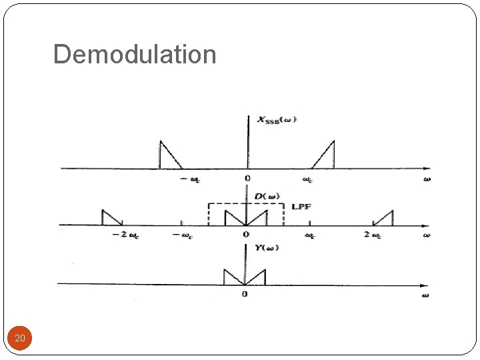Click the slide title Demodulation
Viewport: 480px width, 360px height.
(135, 54)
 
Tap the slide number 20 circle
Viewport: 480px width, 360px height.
(20, 339)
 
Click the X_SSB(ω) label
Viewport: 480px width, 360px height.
(277, 120)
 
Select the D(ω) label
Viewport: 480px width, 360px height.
(267, 196)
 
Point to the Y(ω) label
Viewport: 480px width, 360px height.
(266, 248)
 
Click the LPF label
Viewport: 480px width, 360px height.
(301, 207)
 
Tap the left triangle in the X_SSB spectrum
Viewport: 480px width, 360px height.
(167, 157)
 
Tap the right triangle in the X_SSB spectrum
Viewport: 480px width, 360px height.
(325, 157)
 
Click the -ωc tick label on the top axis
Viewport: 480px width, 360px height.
(189, 179)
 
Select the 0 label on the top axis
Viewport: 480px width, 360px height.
(247, 179)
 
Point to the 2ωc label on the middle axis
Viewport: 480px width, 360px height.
(374, 235)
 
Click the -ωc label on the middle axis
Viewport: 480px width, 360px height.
(183, 235)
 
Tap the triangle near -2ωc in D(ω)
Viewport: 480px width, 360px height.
(109, 218)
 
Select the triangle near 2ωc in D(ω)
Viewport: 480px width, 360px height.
(385, 218)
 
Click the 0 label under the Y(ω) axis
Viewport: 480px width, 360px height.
(245, 294)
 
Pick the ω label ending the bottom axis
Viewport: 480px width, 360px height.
(425, 294)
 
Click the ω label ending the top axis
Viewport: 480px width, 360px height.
(426, 179)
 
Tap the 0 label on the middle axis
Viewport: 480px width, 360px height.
(245, 235)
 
